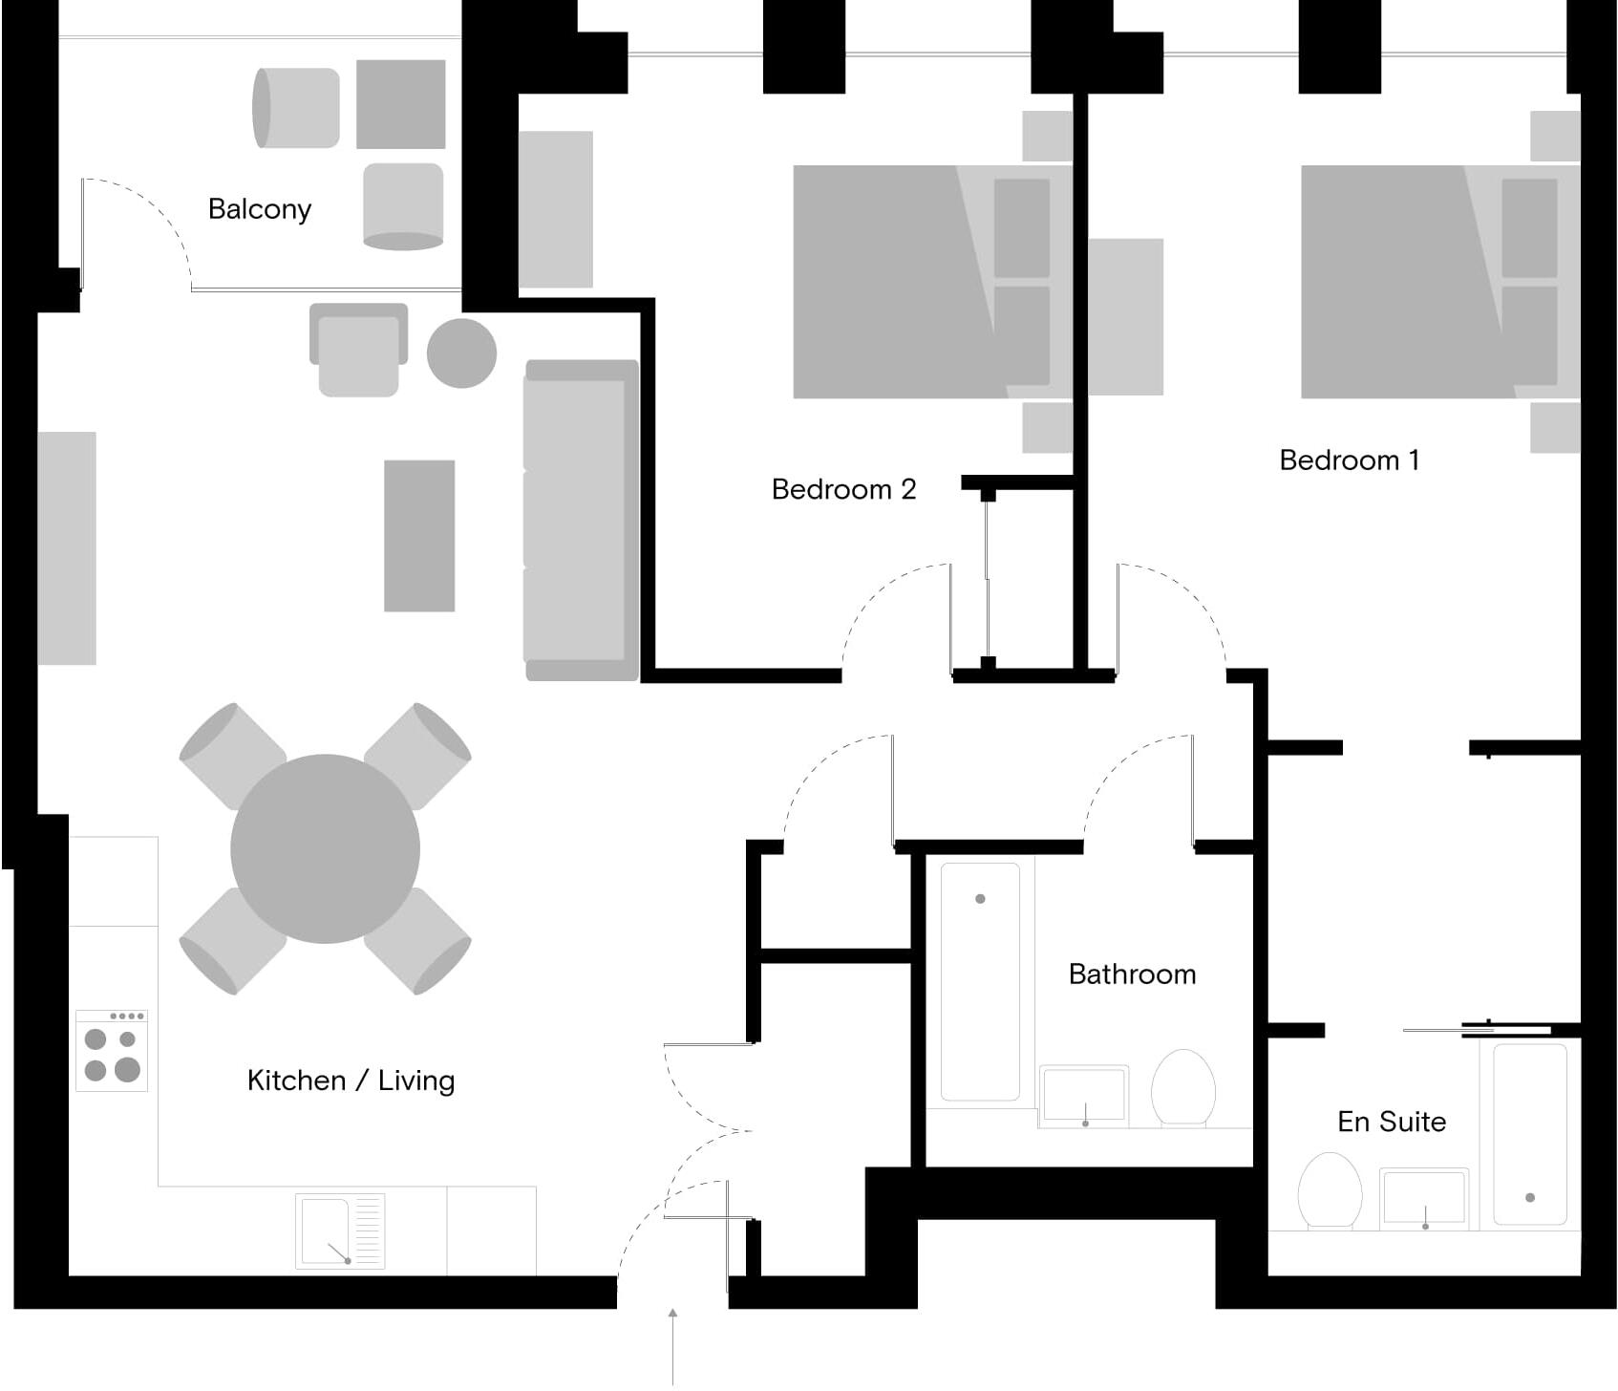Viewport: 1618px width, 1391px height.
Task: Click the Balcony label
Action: tap(260, 209)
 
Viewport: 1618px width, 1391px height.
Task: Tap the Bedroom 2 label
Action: tap(843, 489)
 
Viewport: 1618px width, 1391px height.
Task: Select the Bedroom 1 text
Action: tap(1349, 460)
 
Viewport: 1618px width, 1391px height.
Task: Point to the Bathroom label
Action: tap(1132, 974)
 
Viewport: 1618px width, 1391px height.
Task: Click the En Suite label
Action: tap(1392, 1122)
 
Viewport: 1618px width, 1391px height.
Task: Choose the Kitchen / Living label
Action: tap(351, 1081)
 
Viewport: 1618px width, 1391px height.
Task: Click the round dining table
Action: tap(325, 849)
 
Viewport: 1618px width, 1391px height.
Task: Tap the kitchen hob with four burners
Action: tap(112, 1051)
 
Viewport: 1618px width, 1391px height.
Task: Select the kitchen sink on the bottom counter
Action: tap(339, 1231)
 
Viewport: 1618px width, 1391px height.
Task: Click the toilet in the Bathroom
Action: tap(1183, 1089)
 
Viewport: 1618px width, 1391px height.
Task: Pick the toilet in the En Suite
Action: tap(1330, 1190)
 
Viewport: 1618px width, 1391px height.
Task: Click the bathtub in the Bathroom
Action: tap(980, 981)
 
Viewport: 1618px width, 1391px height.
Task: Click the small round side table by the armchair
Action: tap(461, 353)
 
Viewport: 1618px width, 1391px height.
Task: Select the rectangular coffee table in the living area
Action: tap(419, 536)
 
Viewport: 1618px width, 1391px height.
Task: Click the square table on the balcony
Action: tap(400, 104)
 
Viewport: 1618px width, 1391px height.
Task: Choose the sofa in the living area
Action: tap(580, 521)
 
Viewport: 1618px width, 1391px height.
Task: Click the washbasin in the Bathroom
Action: tap(1084, 1095)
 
